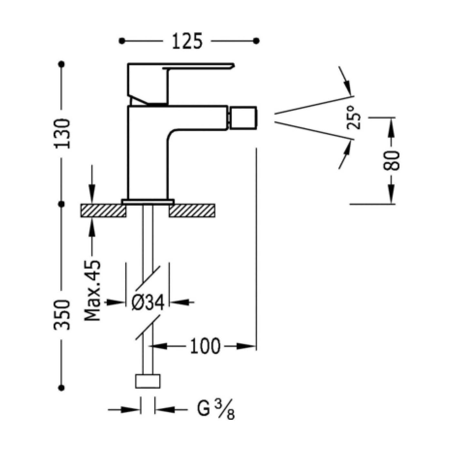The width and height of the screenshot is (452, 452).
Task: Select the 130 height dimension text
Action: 62,134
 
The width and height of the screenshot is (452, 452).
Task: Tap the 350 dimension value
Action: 62,315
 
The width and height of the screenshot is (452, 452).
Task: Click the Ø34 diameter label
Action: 148,303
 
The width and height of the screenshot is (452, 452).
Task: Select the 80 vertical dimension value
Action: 392,160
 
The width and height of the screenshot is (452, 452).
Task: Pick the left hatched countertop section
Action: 103,211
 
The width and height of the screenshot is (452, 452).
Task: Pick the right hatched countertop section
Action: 192,211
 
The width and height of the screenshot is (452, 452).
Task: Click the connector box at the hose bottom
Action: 148,381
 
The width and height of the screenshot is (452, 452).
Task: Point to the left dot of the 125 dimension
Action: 122,41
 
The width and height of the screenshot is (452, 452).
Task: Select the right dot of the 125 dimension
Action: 256,41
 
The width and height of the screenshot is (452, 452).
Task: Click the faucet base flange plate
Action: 148,202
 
